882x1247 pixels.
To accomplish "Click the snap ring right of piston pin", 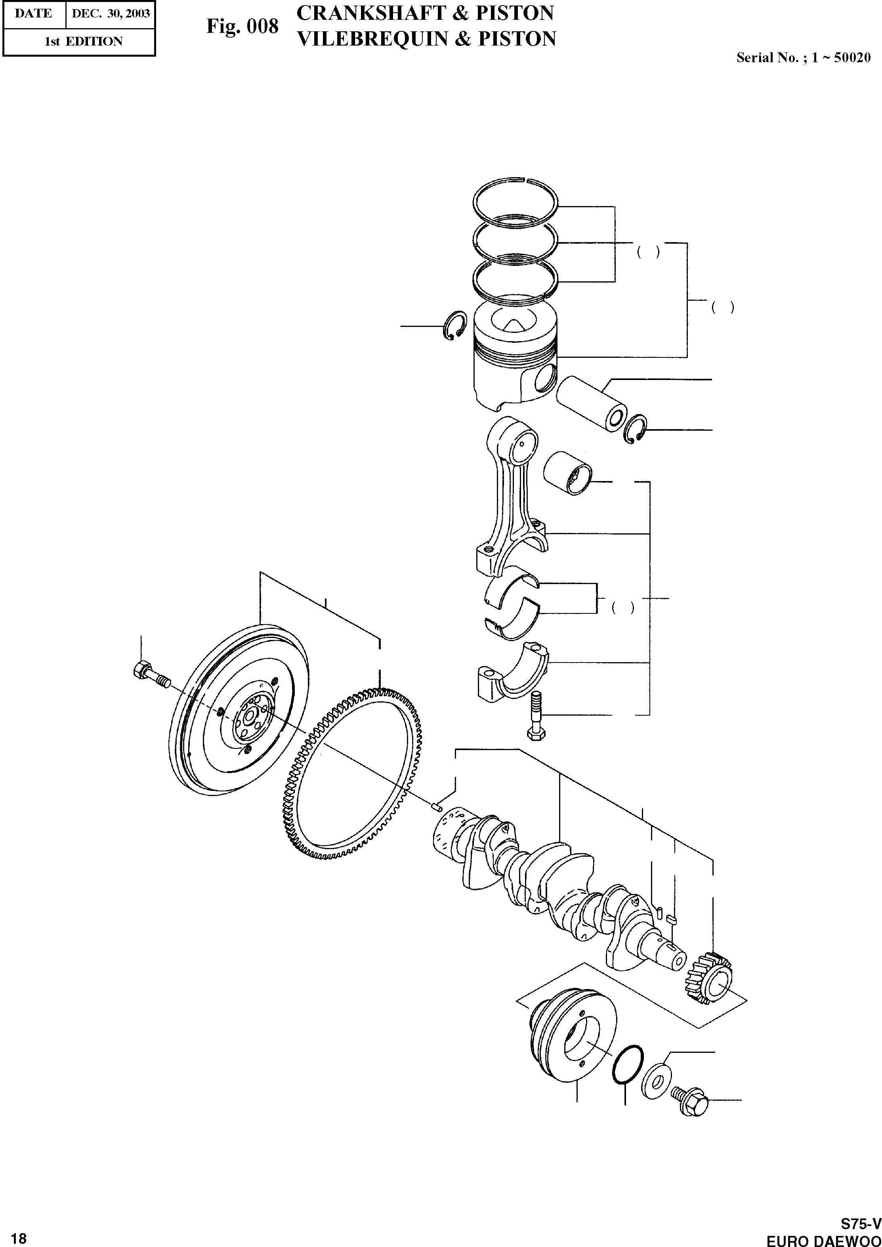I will [x=636, y=429].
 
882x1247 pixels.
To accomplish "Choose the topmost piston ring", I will [x=515, y=201].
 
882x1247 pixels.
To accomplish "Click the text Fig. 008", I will [x=242, y=26].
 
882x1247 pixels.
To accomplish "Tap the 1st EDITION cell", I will [x=83, y=41].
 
